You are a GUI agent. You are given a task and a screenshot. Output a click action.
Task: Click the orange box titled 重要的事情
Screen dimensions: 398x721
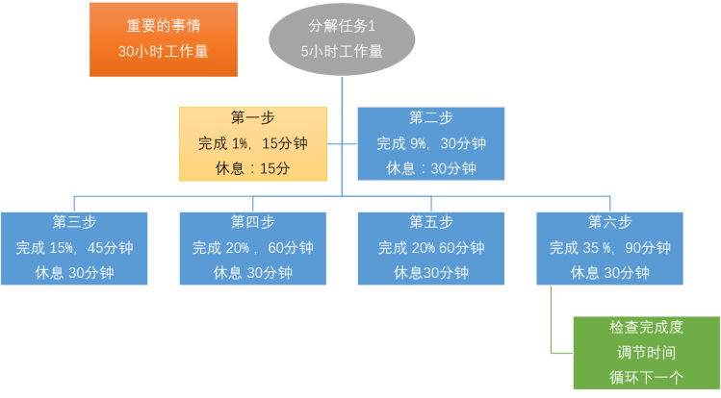[x=164, y=38]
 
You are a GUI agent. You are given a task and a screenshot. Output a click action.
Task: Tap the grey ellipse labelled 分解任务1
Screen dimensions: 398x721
[x=342, y=39]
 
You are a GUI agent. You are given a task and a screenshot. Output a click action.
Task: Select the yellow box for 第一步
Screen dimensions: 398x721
[x=252, y=143]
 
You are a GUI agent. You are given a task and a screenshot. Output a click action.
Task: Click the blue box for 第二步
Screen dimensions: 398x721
[x=430, y=143]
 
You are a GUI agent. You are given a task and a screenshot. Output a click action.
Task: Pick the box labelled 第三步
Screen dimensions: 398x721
[x=74, y=247]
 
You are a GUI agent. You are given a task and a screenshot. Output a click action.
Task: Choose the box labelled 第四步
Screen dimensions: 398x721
[x=252, y=247]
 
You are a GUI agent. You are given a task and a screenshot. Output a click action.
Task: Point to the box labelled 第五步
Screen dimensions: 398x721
[x=430, y=247]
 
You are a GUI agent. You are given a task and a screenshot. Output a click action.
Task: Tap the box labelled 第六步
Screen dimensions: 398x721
[x=609, y=247]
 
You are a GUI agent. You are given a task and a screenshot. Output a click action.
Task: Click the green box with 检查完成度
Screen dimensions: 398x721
[x=646, y=353]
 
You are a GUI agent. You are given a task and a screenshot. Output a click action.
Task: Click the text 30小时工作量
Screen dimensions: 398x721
[x=164, y=51]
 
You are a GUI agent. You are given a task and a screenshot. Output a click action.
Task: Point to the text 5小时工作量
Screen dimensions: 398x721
[x=342, y=52]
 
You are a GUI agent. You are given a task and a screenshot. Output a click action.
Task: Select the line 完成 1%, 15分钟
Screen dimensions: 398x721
[x=252, y=143]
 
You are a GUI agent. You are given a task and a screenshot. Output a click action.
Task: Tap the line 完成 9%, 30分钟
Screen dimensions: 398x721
[x=430, y=143]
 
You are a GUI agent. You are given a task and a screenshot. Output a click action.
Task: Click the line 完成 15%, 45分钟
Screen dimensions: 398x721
[x=74, y=247]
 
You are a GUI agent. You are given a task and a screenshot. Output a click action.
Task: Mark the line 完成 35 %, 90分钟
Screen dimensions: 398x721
[x=609, y=247]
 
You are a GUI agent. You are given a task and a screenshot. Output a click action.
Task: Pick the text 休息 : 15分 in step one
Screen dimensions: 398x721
[x=252, y=168]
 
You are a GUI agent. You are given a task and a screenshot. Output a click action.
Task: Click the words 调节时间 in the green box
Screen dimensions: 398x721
[x=646, y=353]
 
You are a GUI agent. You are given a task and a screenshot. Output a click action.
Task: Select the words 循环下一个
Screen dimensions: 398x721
[x=646, y=377]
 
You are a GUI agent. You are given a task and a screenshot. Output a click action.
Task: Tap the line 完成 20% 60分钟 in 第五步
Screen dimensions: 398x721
[x=430, y=247]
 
